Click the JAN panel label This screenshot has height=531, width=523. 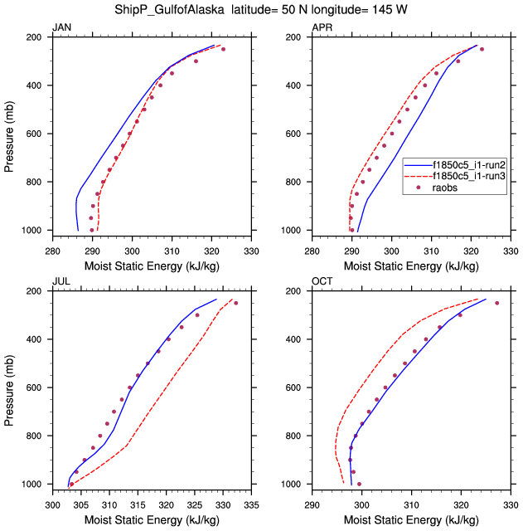(x=61, y=27)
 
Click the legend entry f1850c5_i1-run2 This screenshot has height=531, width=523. (x=464, y=165)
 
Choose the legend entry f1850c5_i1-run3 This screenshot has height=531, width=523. (x=464, y=177)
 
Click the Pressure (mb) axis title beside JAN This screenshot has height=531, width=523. (x=9, y=134)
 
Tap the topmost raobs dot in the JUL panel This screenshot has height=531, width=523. (x=235, y=303)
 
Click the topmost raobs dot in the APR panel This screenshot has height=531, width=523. (x=482, y=49)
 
